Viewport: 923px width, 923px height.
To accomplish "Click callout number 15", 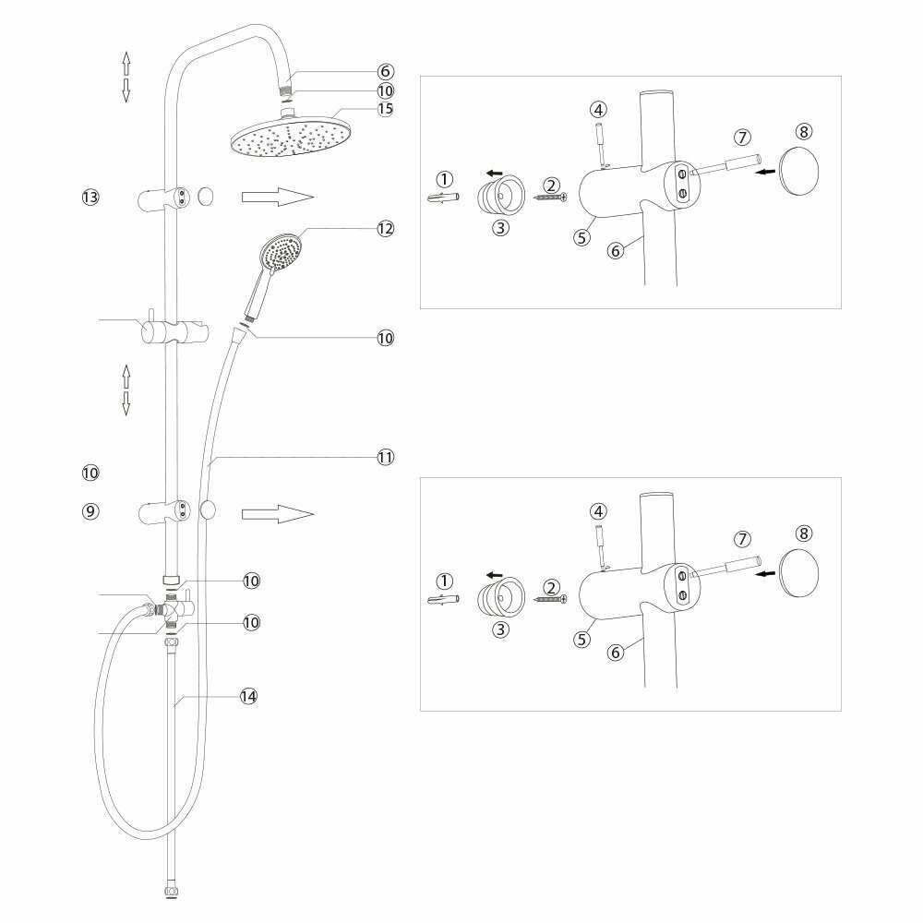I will [385, 109].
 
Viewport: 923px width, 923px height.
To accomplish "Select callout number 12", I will [385, 228].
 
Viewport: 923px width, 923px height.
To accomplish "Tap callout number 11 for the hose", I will [385, 456].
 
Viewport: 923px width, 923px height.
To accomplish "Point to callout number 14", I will [247, 697].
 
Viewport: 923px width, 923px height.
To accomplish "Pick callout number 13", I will [90, 198].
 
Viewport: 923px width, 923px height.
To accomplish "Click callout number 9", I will [90, 510].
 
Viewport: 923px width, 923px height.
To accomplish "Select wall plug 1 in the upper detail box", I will [445, 198].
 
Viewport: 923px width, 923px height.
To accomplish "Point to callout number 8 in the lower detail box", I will [804, 533].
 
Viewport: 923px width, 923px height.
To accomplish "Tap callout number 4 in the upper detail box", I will [599, 109].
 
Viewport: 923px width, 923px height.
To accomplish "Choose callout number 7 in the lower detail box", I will [742, 538].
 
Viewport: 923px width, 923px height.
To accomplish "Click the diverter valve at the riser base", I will [171, 609].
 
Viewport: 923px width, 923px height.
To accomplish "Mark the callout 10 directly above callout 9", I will [90, 473].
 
